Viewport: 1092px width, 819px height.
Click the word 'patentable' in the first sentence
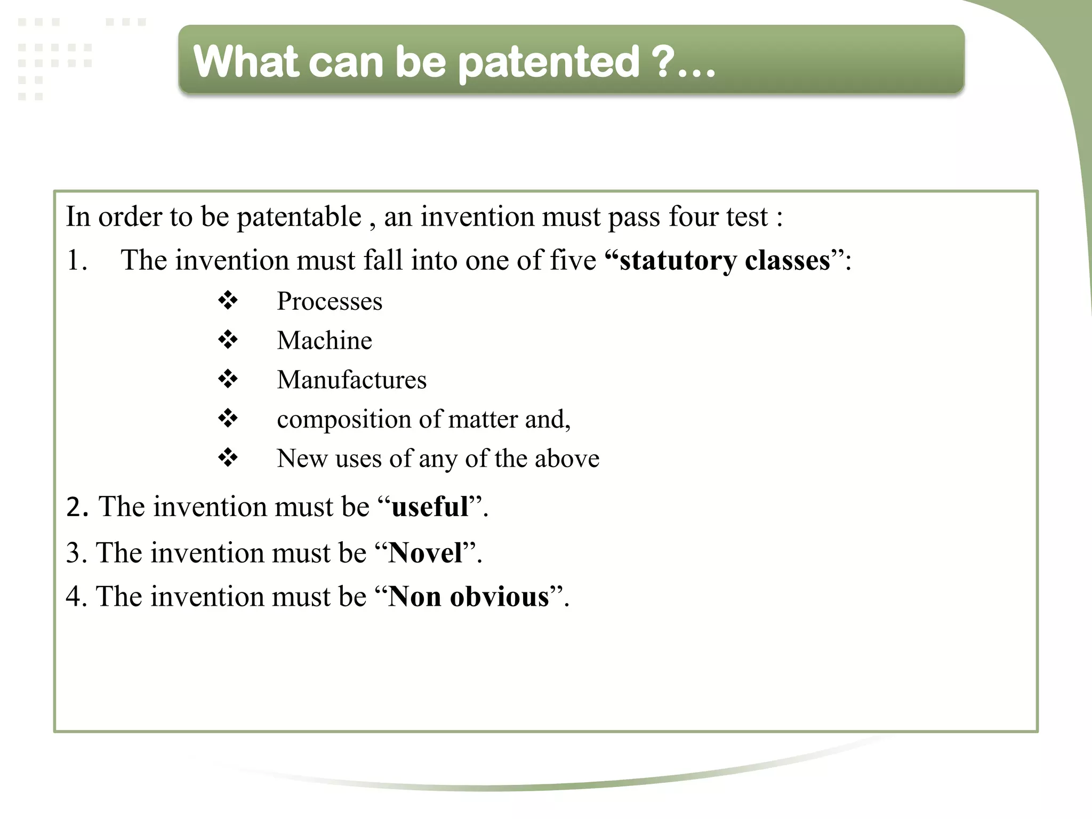299,217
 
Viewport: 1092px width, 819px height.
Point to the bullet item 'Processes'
330,301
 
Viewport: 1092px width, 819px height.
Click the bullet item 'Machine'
324,341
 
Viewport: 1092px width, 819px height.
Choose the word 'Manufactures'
351,380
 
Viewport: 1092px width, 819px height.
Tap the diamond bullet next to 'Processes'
228,301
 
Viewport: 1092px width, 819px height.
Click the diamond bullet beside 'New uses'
228,457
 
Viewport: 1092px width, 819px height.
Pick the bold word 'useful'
430,507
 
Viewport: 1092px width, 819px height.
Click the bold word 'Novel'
425,553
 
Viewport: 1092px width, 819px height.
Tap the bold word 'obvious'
499,597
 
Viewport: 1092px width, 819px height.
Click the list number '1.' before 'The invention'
77,261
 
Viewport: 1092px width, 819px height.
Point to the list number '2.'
77,507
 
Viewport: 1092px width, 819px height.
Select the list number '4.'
76,597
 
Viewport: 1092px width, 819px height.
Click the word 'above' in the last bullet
567,459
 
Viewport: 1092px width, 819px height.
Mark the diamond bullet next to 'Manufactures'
228,379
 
